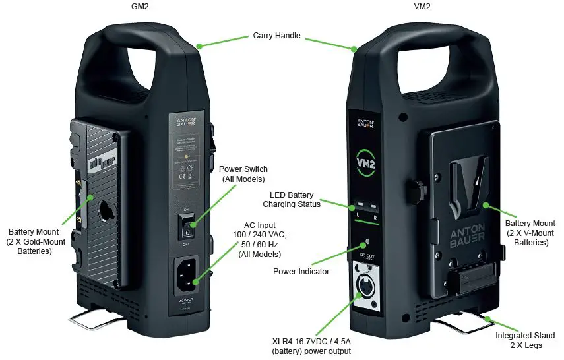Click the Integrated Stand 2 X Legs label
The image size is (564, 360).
coord(526,340)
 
